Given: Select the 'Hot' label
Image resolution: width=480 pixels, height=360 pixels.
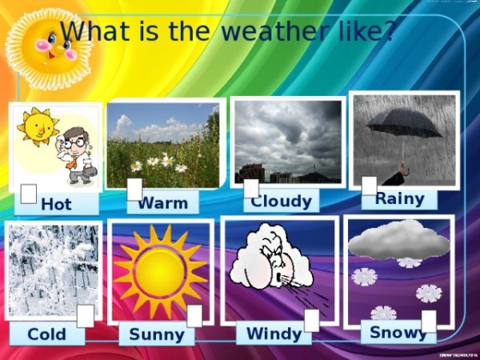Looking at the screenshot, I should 56,204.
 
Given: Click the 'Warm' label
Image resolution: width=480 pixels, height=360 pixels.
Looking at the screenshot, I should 163,202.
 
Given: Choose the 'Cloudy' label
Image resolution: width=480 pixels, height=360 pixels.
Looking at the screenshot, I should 281,201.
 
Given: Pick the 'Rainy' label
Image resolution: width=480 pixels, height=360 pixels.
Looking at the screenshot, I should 399,198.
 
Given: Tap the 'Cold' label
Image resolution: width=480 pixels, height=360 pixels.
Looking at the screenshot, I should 47,334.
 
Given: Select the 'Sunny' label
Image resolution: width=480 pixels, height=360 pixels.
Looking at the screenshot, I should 157,334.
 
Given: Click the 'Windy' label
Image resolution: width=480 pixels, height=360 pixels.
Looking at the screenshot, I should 274,333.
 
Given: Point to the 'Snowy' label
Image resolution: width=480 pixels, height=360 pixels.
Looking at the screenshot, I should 398,331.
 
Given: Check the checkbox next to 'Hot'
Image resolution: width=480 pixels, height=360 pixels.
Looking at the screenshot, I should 28,194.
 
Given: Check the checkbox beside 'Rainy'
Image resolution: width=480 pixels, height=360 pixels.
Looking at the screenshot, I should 369,186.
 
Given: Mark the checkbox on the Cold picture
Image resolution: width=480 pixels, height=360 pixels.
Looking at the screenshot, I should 86,316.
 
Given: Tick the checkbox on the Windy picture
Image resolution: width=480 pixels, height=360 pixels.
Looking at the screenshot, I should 312,320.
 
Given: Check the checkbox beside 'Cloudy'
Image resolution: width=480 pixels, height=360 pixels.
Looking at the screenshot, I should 251,188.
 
